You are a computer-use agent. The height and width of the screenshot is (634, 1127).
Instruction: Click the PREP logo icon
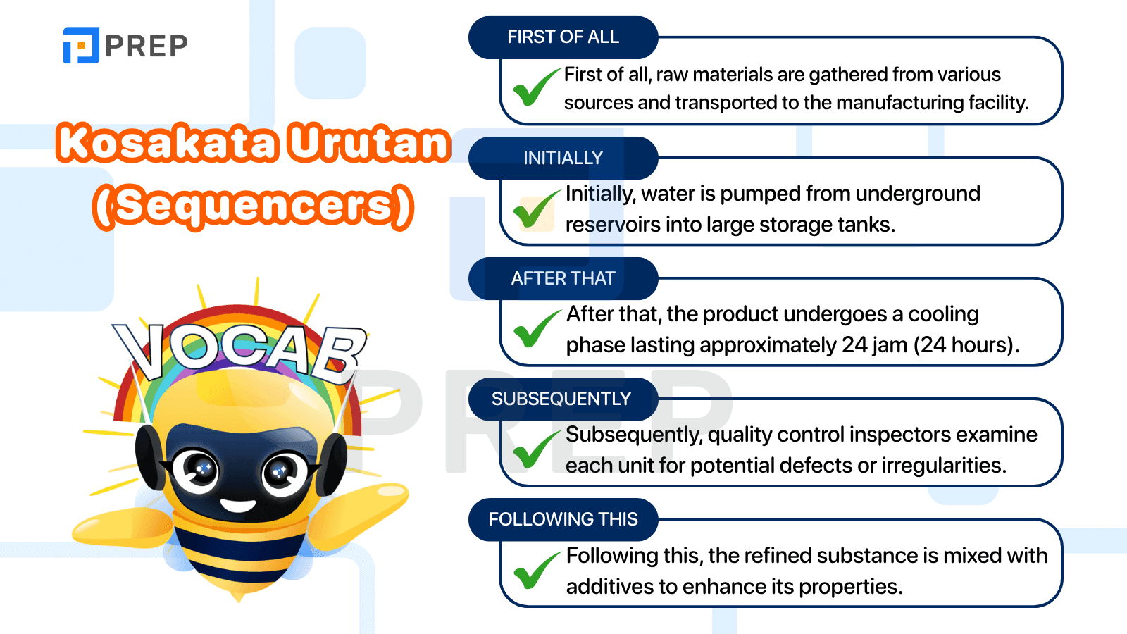tap(81, 45)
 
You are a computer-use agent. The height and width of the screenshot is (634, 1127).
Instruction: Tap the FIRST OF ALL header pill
tap(563, 37)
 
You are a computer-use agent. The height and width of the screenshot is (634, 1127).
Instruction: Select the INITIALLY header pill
tap(563, 158)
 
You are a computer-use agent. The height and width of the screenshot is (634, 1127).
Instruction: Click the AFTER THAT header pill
tap(563, 278)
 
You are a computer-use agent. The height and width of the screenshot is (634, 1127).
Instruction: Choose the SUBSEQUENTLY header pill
tap(563, 399)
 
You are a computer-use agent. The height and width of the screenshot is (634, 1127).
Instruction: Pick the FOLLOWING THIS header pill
tap(563, 519)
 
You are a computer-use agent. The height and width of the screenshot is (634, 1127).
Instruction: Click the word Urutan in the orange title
tap(369, 143)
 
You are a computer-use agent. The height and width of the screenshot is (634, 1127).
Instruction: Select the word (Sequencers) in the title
tap(254, 206)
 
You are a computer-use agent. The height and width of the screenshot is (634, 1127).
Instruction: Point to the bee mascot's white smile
tap(238, 504)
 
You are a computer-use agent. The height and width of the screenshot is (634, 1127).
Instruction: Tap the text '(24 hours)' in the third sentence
tap(966, 345)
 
